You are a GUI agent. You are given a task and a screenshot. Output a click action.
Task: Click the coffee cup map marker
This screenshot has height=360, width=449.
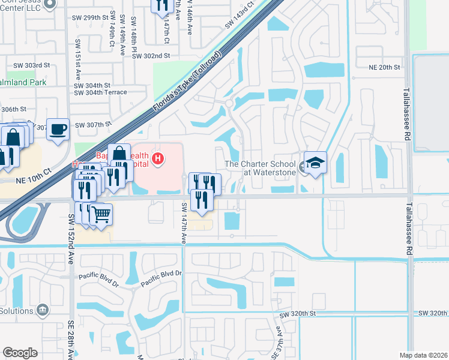pos(59,130)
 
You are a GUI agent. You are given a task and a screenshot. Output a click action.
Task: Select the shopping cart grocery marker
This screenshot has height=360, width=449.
pos(101,213)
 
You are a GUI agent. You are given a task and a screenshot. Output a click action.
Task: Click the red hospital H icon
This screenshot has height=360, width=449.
pos(158,159)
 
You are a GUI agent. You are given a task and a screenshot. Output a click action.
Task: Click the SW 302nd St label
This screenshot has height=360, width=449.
pos(152,55)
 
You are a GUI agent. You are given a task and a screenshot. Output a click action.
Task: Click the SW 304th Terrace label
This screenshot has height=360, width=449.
pos(100,92)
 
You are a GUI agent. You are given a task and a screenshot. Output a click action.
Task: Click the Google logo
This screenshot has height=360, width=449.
pos(20,352)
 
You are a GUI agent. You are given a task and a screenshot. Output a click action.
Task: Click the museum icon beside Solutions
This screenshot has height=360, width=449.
pos(43,310)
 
